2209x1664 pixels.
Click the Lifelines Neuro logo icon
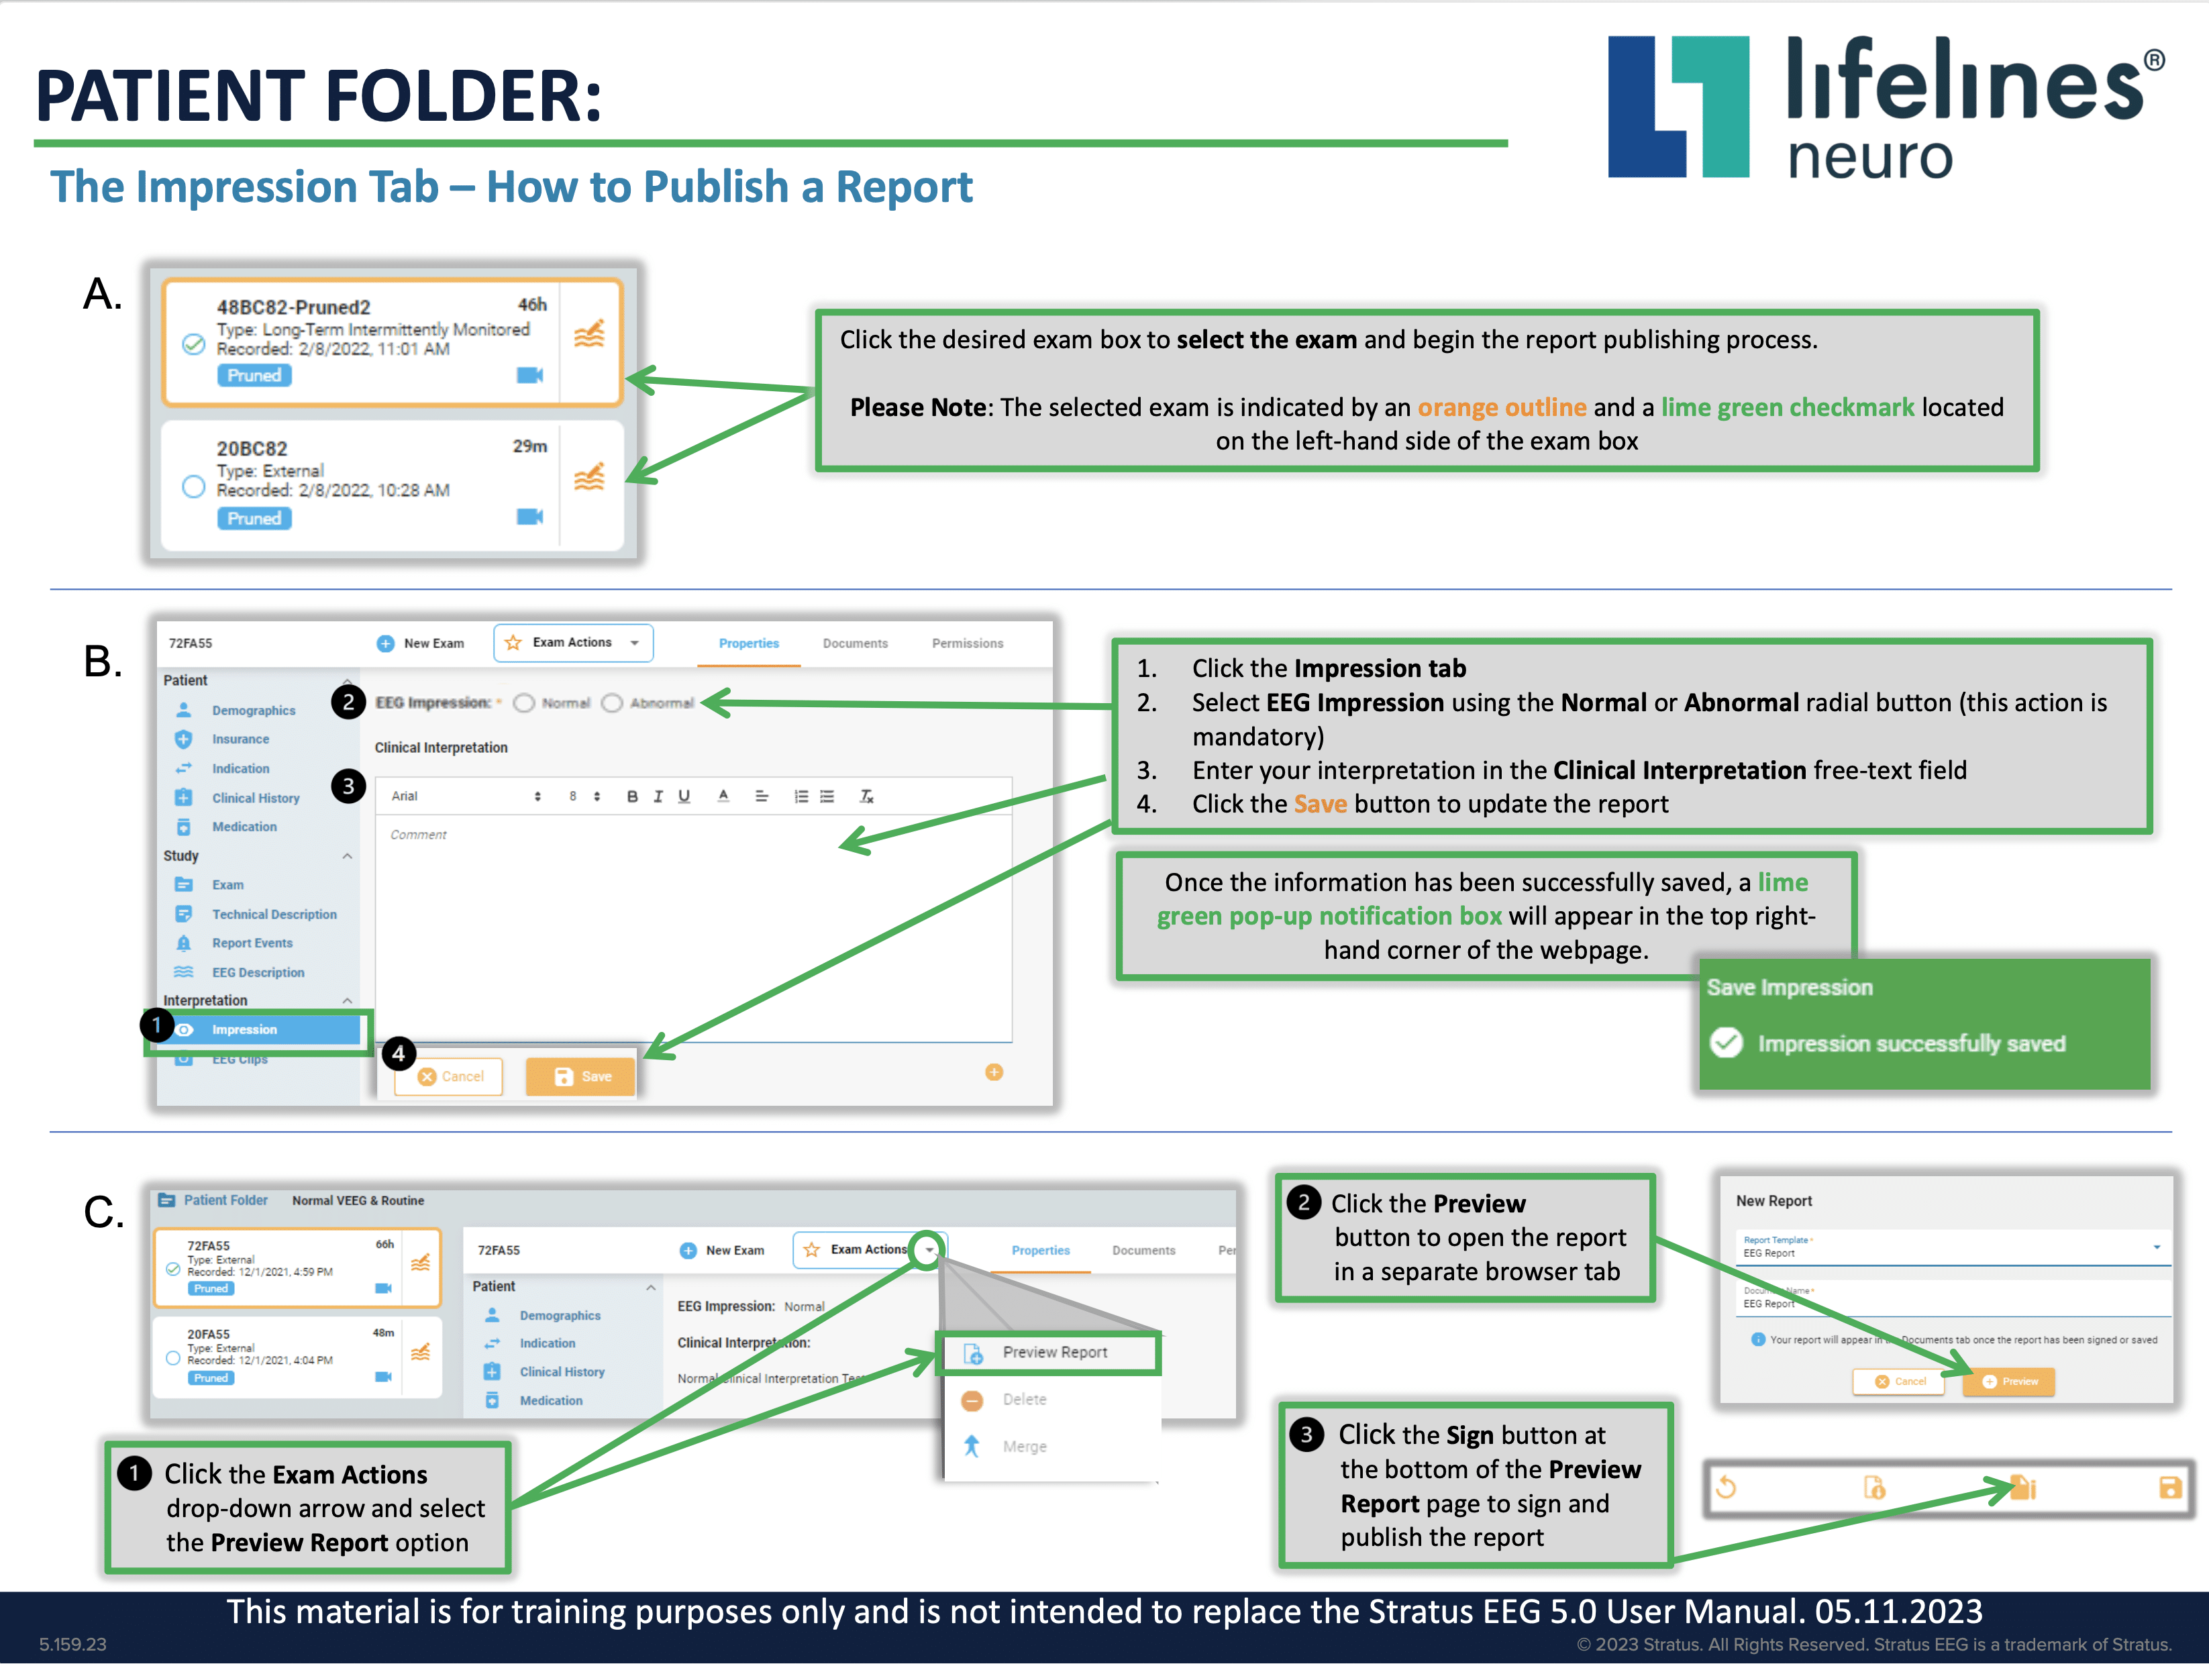coord(1678,107)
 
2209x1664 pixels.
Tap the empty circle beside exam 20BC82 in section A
coord(194,486)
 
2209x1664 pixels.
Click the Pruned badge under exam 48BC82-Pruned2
coord(254,376)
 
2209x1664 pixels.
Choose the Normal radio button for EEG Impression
coord(524,703)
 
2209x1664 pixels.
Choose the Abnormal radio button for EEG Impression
coord(612,703)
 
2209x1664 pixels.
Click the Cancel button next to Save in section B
coord(450,1076)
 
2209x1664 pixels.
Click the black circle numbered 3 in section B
coord(348,786)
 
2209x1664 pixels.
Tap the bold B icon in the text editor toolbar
coord(632,796)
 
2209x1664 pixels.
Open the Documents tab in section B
coord(855,643)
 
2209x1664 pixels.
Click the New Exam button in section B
coord(421,643)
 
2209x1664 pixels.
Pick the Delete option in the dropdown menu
coord(1023,1400)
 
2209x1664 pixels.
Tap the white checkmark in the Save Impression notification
coord(1727,1043)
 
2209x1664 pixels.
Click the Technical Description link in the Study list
coord(274,914)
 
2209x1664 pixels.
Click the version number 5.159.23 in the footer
coord(73,1644)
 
